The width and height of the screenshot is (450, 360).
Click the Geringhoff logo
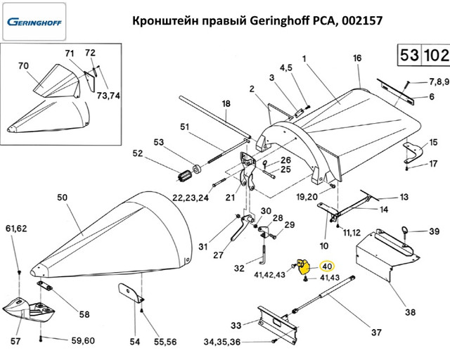click(34, 22)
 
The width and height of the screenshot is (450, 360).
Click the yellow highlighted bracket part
click(304, 266)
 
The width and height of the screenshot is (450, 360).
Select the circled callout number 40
click(327, 266)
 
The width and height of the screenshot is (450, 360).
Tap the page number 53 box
click(409, 55)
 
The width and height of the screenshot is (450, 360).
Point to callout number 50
click(62, 198)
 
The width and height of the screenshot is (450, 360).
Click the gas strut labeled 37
click(323, 294)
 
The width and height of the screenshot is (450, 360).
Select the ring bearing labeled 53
click(197, 169)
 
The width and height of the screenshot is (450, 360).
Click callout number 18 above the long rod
click(226, 103)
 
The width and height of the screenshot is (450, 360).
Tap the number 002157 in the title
click(362, 20)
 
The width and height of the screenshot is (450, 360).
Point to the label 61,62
click(16, 229)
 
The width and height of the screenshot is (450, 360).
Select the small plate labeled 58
click(44, 286)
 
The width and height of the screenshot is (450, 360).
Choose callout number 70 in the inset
click(23, 66)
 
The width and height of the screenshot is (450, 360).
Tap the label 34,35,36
click(222, 342)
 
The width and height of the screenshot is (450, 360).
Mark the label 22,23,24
click(191, 198)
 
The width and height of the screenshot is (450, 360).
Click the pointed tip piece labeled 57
click(28, 309)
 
